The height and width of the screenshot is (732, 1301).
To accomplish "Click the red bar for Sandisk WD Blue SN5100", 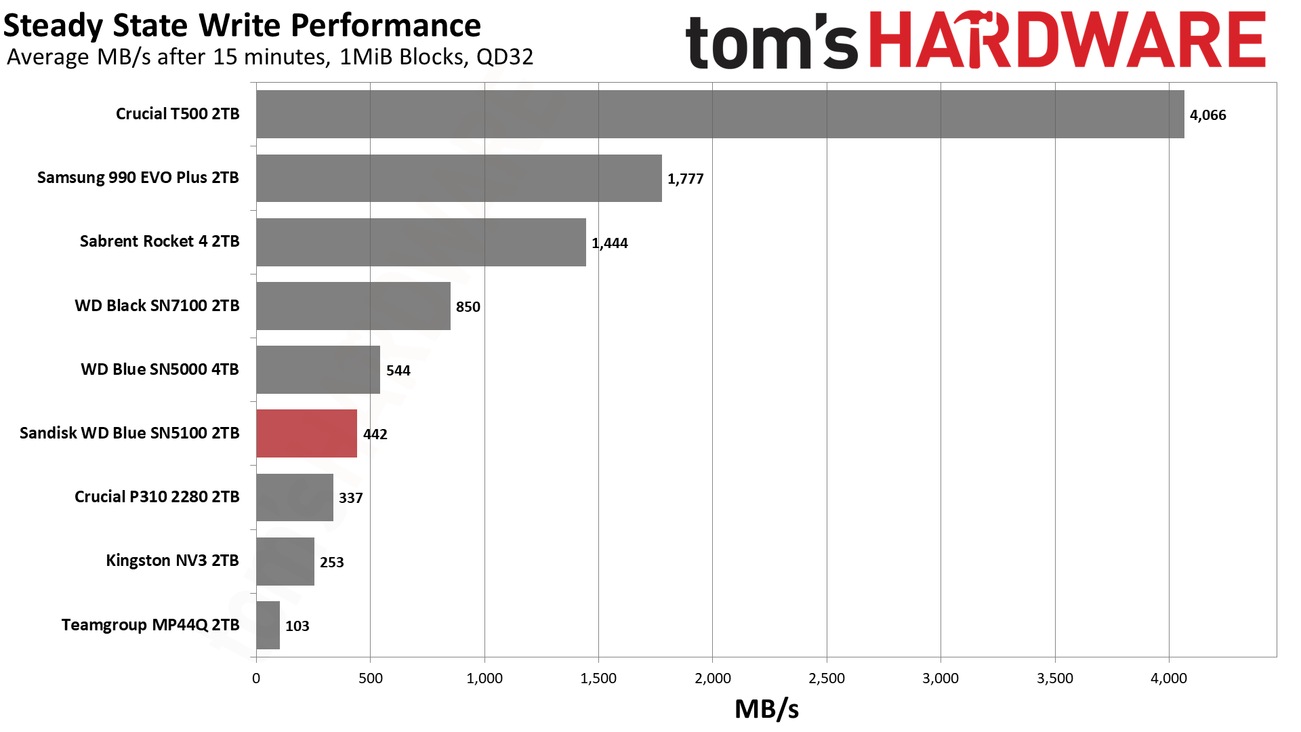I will click(306, 433).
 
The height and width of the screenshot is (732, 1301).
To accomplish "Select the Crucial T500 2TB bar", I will click(720, 115).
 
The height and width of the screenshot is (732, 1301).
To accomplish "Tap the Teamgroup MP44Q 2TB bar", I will click(268, 625).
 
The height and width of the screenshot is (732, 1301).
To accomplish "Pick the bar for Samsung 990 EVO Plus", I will click(459, 178).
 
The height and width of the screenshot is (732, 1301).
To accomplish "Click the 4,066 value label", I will click(1207, 115).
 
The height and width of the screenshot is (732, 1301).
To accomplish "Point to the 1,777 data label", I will click(685, 179).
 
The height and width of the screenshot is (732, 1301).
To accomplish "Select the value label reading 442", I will click(375, 434).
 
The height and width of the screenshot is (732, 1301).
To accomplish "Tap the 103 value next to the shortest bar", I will click(297, 626).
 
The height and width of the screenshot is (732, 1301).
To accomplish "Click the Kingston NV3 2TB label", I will click(172, 561).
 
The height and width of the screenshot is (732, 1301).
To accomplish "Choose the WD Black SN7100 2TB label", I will click(157, 306).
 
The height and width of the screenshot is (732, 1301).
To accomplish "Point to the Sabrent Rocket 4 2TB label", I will click(159, 241).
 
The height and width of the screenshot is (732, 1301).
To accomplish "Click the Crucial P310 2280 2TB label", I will click(157, 497).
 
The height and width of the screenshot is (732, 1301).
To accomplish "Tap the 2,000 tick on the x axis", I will click(712, 678).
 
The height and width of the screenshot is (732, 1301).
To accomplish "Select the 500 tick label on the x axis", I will click(370, 678).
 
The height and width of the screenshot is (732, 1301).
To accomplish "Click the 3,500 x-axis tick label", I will click(1054, 678).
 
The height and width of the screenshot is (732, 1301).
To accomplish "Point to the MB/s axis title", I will click(766, 709).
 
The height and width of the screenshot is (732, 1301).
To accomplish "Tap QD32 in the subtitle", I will click(504, 57).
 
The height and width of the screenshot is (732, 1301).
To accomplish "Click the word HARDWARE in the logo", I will click(1067, 41).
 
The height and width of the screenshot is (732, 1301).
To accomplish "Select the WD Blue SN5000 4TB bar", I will click(318, 369).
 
